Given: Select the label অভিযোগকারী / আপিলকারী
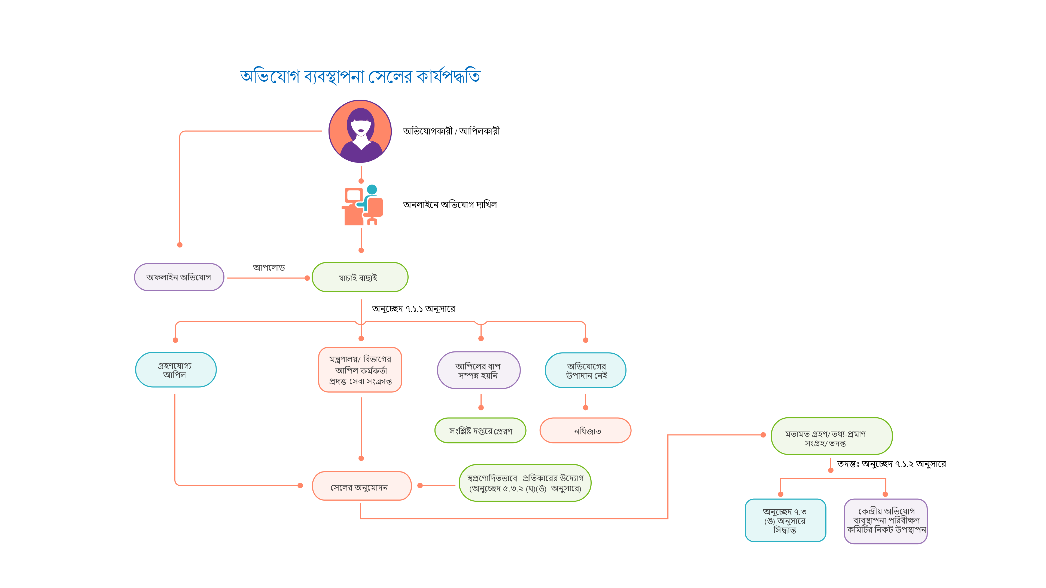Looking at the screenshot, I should [451, 131].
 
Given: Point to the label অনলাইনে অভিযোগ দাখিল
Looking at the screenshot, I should [449, 204].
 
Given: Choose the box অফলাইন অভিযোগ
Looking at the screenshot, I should [179, 277].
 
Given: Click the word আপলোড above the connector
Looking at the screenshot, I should [269, 267].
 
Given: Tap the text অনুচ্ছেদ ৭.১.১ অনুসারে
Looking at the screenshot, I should [413, 309].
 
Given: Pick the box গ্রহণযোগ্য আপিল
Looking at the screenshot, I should [175, 370].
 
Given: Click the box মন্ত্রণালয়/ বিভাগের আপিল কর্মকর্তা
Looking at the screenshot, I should [360, 370].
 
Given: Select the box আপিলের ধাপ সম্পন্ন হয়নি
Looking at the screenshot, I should [478, 370].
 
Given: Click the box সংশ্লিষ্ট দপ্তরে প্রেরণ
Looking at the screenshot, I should [480, 431].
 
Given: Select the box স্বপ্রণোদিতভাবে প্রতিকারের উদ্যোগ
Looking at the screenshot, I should [525, 483].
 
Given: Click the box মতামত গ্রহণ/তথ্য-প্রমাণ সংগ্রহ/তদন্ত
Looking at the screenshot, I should [831, 436].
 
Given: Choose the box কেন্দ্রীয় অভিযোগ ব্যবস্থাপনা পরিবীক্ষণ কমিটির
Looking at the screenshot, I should [886, 521].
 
